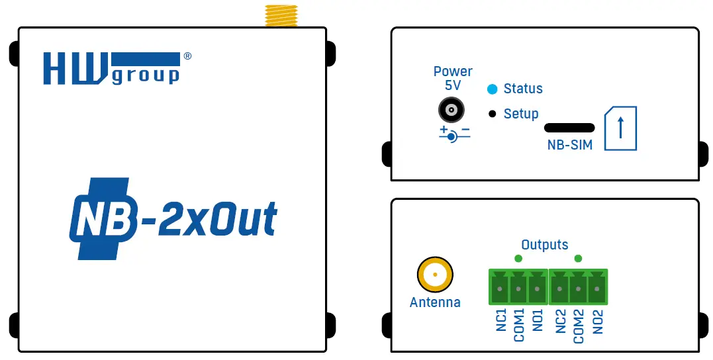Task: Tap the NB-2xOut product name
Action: [173, 218]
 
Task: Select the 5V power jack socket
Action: [452, 110]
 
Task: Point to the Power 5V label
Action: [453, 78]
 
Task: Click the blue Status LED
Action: [492, 89]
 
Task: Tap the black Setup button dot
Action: [492, 114]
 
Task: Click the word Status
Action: [523, 89]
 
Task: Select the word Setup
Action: [521, 114]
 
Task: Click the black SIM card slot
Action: [568, 127]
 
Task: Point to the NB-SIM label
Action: [569, 145]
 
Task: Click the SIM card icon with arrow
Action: [620, 128]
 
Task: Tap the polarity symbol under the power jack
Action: [453, 134]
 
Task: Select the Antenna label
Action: [435, 302]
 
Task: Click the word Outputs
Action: [544, 245]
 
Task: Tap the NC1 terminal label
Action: [501, 322]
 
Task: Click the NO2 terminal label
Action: [598, 322]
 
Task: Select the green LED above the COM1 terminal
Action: [518, 258]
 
